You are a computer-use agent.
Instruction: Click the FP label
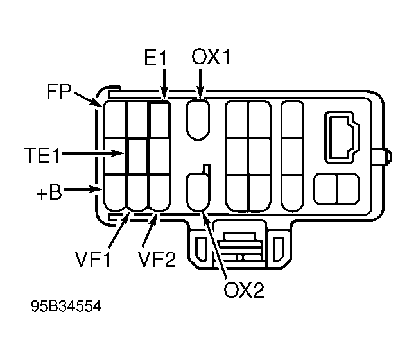pos(59,92)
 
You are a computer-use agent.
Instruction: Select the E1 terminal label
pos(155,57)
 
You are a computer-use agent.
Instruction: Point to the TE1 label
pos(42,155)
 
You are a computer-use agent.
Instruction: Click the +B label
pos(49,192)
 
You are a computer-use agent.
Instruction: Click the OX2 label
pos(244,289)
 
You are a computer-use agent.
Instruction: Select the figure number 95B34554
pos(66,306)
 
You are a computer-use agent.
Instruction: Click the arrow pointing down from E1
pos(164,84)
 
